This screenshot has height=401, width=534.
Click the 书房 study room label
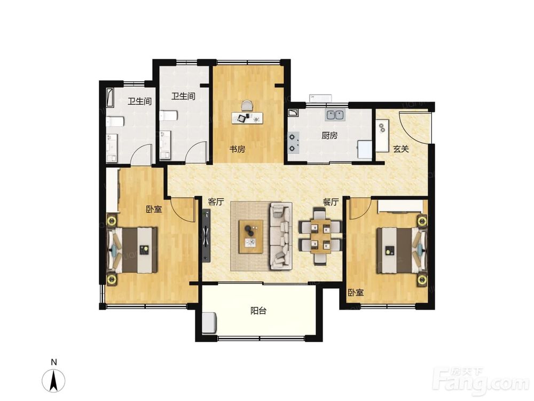237,149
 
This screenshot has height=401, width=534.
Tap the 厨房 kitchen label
329,136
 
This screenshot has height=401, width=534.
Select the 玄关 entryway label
400,149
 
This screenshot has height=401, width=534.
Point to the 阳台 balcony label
258,311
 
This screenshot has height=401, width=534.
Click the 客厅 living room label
216,202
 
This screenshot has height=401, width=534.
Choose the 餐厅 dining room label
331,202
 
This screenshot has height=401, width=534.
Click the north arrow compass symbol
53,379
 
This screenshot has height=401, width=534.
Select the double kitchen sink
335,115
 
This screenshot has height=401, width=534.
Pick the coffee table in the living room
250,237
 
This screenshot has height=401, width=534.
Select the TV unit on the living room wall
206,235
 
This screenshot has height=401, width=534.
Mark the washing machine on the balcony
209,322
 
